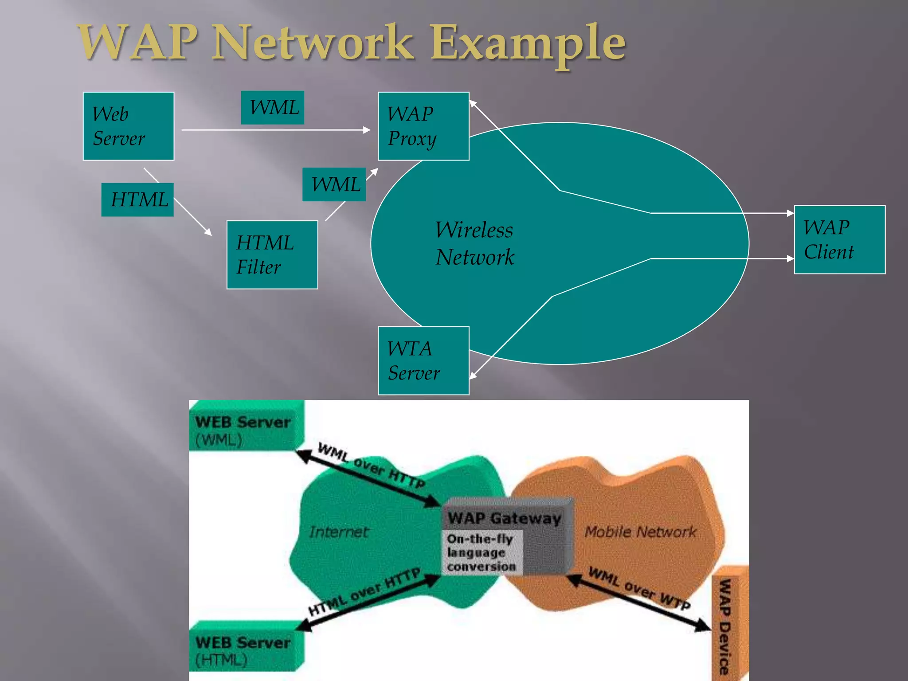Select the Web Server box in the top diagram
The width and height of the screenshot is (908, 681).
coord(129,126)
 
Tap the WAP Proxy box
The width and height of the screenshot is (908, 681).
coord(423,126)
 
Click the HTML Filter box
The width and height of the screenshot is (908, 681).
coord(272,255)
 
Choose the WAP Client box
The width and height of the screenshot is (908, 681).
coord(839,240)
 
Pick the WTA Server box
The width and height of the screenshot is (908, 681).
coord(423,361)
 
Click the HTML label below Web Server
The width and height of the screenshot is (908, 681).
coord(138,200)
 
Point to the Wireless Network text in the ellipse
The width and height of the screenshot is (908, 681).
coord(474,243)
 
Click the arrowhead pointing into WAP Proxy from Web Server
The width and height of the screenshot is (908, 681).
coord(367,130)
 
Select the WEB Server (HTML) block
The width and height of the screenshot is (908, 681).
coord(244,650)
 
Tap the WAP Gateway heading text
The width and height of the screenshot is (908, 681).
coord(504,518)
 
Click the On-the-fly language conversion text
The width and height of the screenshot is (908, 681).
coord(481,552)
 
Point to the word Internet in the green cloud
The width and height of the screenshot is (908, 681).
coord(339,532)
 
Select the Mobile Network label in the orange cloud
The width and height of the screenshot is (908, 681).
coord(640,531)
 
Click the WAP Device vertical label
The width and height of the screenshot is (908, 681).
coord(724,625)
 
